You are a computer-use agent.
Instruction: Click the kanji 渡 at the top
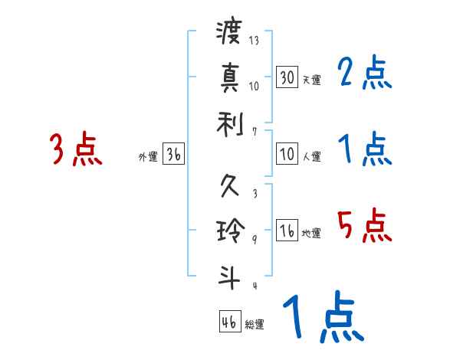(229, 33)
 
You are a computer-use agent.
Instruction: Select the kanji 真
(229, 77)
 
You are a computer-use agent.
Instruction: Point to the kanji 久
(229, 186)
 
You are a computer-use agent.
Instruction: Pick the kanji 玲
(229, 230)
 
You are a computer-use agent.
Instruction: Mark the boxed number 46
(229, 322)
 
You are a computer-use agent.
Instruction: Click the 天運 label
(311, 80)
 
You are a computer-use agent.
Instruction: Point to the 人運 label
(311, 156)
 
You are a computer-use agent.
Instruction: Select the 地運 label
(311, 233)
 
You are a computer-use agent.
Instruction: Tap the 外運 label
(147, 156)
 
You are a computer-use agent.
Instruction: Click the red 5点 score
(365, 226)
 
